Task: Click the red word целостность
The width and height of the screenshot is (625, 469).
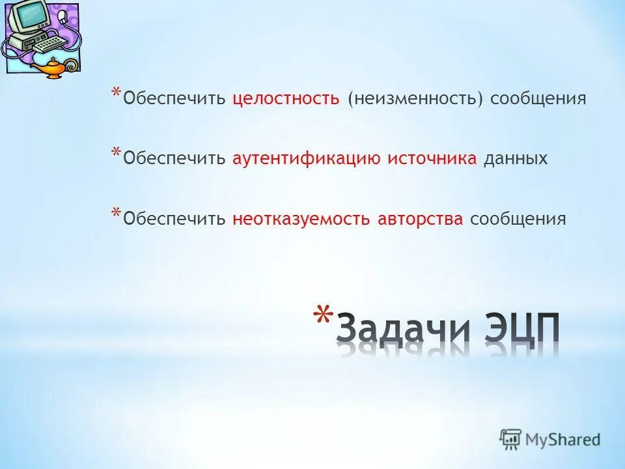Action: tap(286, 98)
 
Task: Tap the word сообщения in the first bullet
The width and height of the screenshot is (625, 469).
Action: tap(538, 98)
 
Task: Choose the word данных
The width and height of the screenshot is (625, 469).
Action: tap(515, 158)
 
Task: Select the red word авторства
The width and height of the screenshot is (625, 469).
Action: tap(420, 218)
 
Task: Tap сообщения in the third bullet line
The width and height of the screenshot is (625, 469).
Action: tap(518, 218)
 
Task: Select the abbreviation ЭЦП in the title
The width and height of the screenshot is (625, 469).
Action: tap(521, 332)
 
